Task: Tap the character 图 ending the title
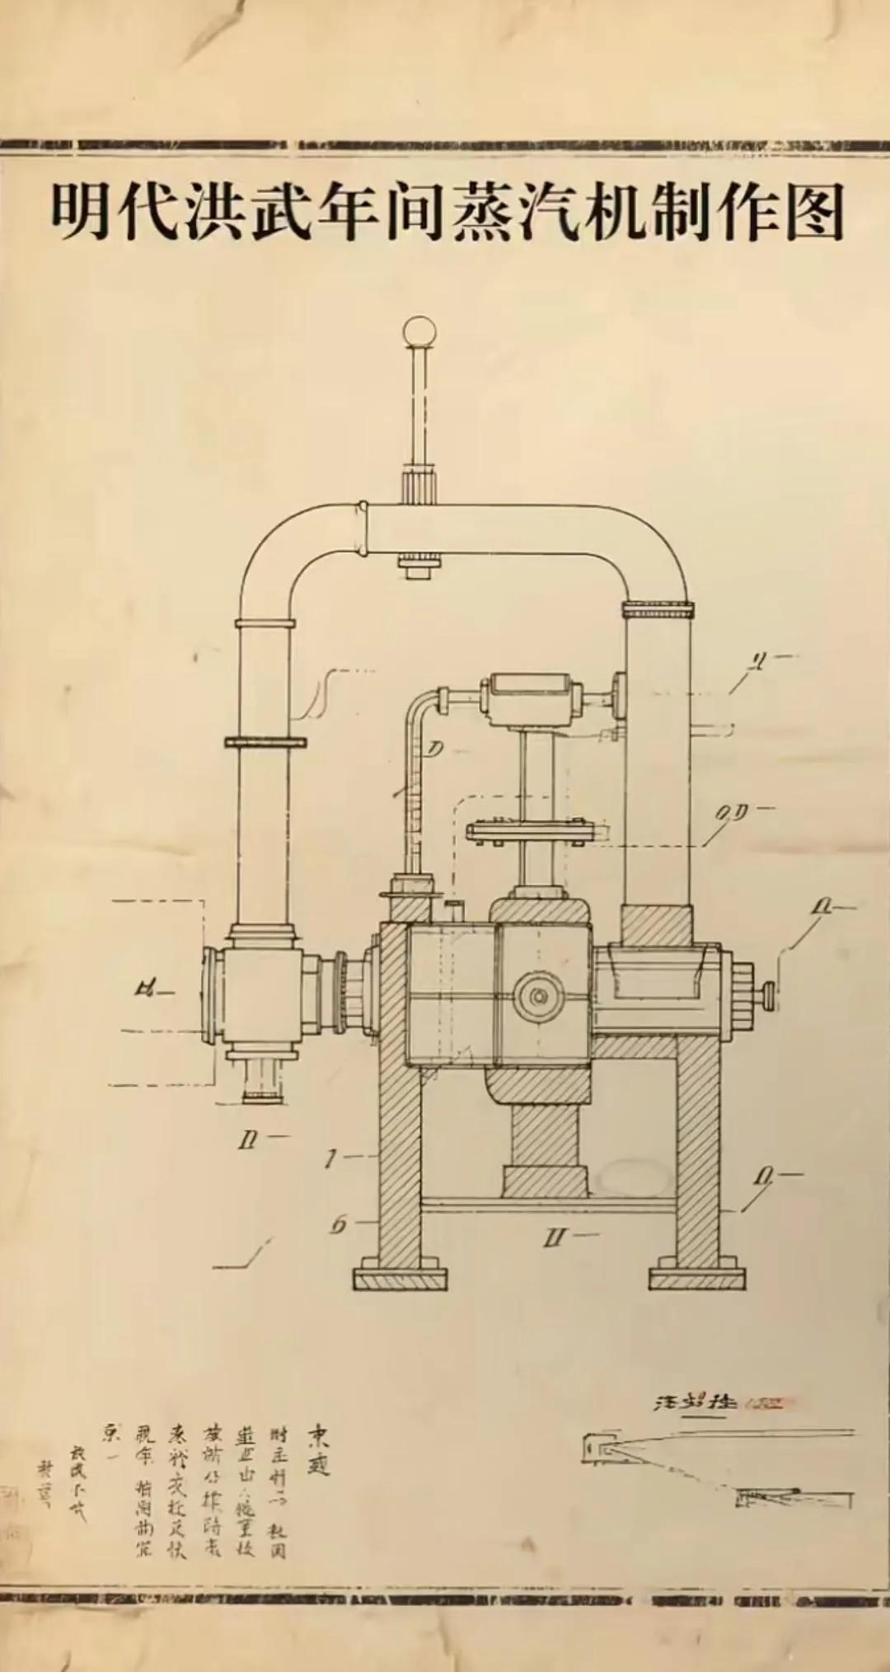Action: pyautogui.click(x=810, y=213)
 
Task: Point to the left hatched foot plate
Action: pyautogui.click(x=400, y=1279)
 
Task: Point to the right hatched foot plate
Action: pyautogui.click(x=697, y=1279)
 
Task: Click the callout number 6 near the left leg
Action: pyautogui.click(x=338, y=1225)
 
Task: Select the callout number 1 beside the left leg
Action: pyautogui.click(x=330, y=1159)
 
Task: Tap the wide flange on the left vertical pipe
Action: pyautogui.click(x=265, y=742)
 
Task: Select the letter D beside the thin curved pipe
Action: pyautogui.click(x=433, y=749)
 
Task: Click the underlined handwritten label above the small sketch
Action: pyautogui.click(x=694, y=1402)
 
